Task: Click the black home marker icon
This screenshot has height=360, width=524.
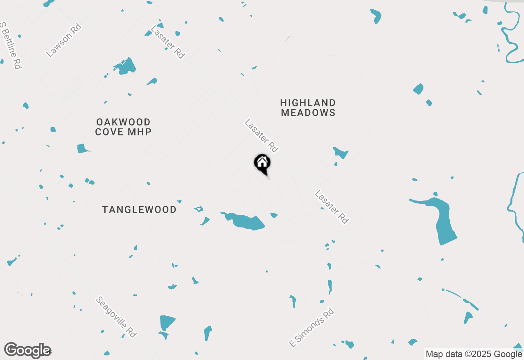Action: tap(262, 163)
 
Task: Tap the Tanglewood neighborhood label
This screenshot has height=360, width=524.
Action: tap(139, 209)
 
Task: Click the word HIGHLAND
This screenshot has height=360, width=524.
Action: tap(308, 103)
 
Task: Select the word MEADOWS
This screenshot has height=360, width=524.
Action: tap(308, 112)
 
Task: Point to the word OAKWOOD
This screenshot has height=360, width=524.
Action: tap(123, 122)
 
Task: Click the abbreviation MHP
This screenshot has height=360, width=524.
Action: tap(140, 132)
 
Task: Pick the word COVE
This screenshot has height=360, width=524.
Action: tap(109, 132)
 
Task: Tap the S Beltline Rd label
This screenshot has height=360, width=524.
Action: tap(11, 45)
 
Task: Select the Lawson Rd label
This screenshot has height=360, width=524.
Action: tap(64, 40)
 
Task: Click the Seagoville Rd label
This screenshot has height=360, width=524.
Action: tap(116, 317)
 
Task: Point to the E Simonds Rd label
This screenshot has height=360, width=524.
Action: tap(312, 328)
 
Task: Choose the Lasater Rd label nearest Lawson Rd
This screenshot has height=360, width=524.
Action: tap(168, 42)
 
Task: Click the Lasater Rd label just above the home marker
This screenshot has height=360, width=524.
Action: tap(261, 135)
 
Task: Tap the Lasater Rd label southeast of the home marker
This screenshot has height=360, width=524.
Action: tap(332, 207)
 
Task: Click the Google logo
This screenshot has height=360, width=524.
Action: tap(27, 350)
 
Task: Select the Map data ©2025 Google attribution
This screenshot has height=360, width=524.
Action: tap(474, 354)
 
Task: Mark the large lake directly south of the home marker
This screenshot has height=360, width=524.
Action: tap(246, 222)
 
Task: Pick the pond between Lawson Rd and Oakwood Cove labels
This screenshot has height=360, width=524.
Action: tap(125, 66)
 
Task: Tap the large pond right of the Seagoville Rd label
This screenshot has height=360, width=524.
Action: tap(167, 322)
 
